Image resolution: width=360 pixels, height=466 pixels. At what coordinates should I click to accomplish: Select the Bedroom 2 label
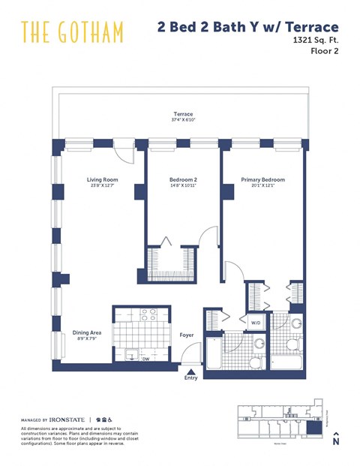click(183, 179)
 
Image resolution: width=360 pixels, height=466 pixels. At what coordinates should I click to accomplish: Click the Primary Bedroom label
click(262, 179)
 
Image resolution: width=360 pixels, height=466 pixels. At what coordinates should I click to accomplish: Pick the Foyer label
click(187, 335)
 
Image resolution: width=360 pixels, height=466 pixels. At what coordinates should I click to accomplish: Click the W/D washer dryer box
click(256, 323)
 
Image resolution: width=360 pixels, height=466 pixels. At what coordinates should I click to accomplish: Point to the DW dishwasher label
click(146, 359)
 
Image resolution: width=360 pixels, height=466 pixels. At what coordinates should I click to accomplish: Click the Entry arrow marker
click(191, 370)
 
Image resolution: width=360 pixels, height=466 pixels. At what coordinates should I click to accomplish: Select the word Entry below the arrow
click(191, 378)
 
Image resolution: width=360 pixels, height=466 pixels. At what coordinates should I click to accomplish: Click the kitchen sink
click(127, 355)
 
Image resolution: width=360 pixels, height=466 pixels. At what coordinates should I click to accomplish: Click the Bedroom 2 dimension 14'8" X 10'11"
click(183, 186)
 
